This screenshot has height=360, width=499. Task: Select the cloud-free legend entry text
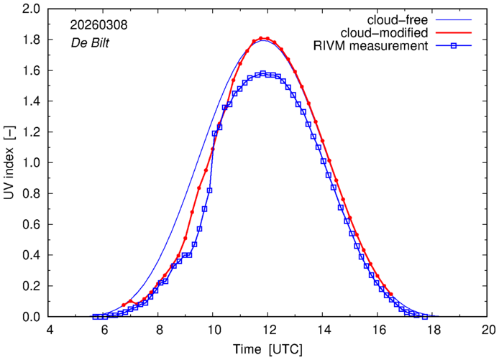coord(402,19)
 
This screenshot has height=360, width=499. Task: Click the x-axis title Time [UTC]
coord(268,350)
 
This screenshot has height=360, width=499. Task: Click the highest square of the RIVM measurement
coord(263,73)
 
